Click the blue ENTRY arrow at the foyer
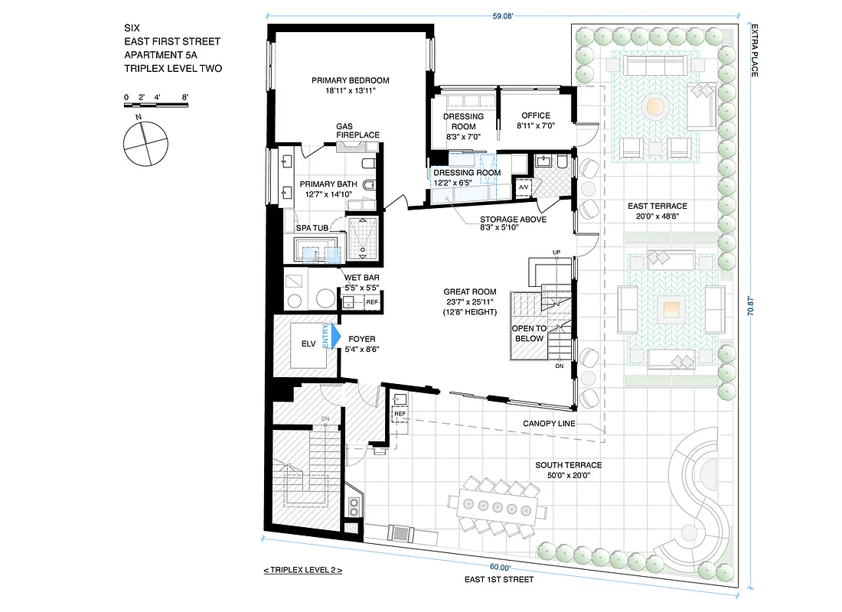334,337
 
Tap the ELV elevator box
308,344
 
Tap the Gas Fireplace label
357,131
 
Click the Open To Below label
529,333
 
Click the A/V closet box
524,187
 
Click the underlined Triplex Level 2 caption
302,570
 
